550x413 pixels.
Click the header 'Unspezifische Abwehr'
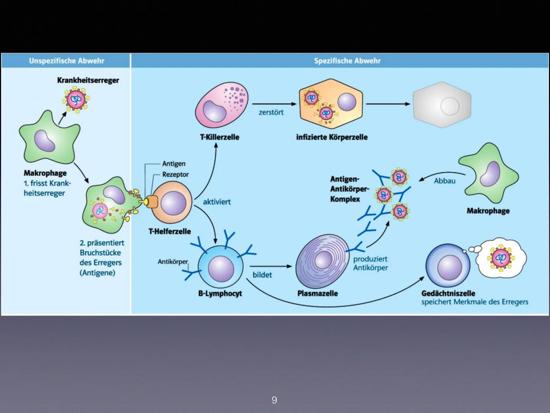coord(67,61)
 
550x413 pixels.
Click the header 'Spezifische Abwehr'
coord(347,61)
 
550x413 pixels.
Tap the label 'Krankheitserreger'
coord(88,80)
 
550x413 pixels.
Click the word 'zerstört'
coord(271,112)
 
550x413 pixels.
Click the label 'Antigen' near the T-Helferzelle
coord(174,164)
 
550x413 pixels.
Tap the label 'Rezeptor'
coord(175,174)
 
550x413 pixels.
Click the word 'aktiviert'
coord(217,202)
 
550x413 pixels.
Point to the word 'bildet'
coord(262,275)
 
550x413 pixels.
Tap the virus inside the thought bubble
coord(500,259)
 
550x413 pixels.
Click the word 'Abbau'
coord(445,181)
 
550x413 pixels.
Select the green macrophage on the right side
coord(489,174)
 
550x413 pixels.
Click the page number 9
coord(274,400)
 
